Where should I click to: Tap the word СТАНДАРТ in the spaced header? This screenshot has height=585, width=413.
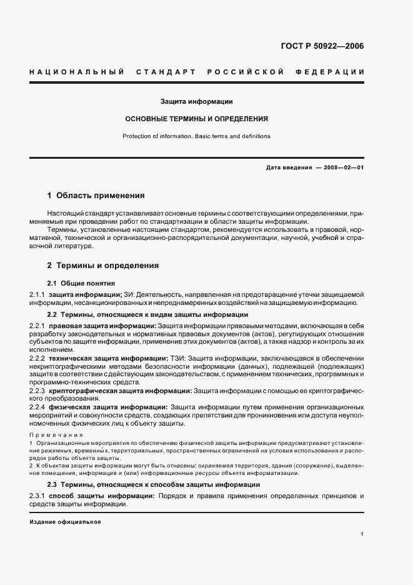click(x=166, y=72)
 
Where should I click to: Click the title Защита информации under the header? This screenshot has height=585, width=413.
click(x=196, y=101)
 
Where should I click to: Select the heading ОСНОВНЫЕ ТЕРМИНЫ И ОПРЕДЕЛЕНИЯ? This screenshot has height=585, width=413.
click(x=196, y=118)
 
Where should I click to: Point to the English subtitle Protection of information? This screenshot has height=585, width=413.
click(x=196, y=136)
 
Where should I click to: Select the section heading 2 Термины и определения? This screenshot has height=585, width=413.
click(x=102, y=266)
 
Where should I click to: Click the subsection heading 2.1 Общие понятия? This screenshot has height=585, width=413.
click(x=81, y=283)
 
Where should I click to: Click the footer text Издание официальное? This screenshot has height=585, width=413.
click(x=65, y=522)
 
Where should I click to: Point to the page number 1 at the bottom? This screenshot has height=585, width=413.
click(x=362, y=535)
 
